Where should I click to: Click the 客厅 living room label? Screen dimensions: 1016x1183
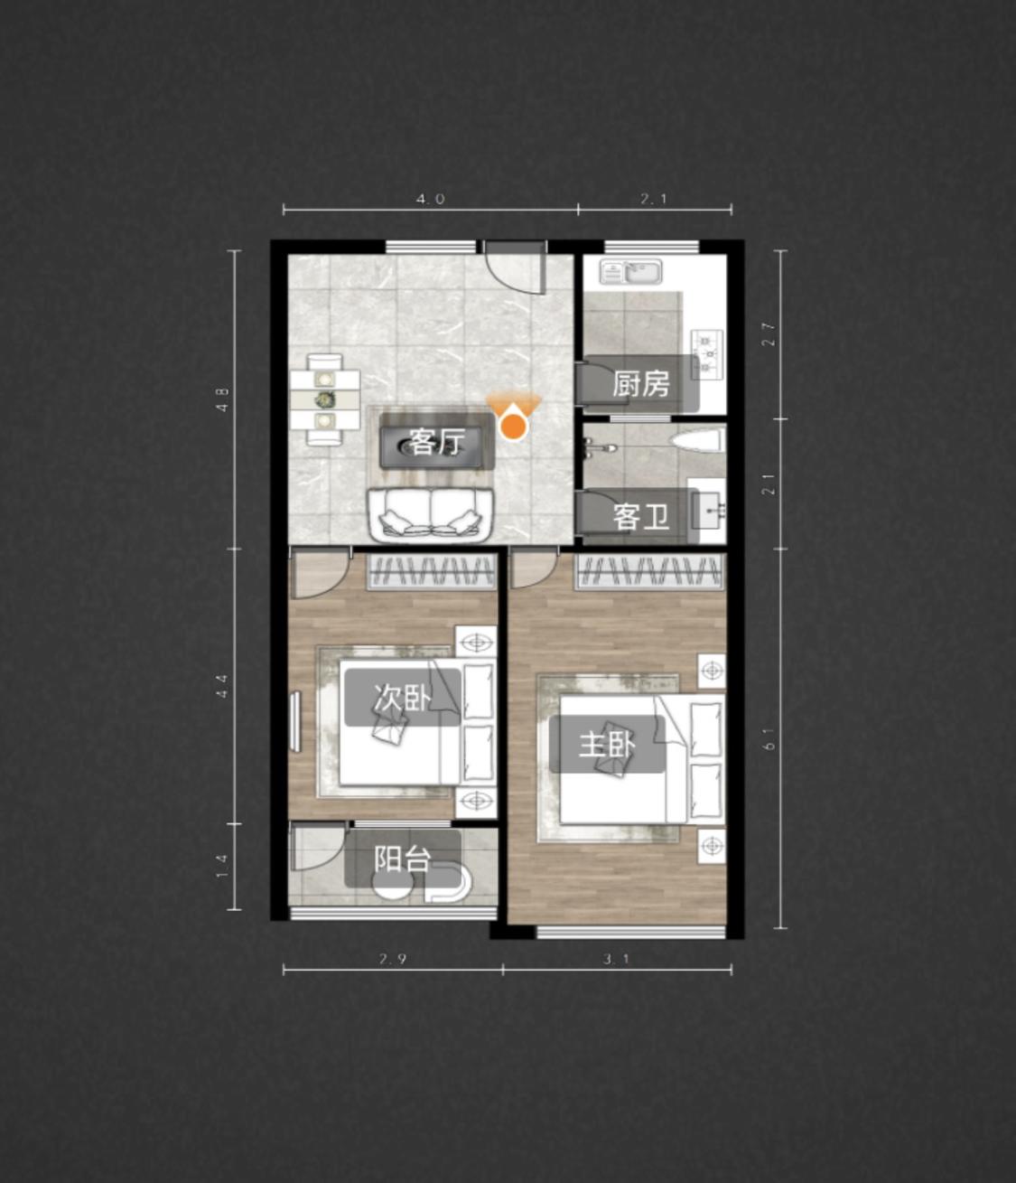(x=438, y=443)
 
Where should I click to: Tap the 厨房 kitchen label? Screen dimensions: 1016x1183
(x=640, y=383)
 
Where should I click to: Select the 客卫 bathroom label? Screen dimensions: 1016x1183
(x=640, y=517)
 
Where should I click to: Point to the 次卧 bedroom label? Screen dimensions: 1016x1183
(x=402, y=697)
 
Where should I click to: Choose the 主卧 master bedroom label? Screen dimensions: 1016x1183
(x=607, y=744)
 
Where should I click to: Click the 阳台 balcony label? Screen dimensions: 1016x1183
(x=402, y=859)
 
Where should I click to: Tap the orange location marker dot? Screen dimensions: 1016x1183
(x=514, y=427)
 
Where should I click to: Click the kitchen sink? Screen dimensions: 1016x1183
(x=631, y=271)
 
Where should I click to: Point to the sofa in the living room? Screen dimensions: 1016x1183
(x=430, y=515)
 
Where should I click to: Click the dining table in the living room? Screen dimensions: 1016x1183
(x=325, y=399)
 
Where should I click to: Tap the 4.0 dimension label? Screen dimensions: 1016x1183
(x=430, y=199)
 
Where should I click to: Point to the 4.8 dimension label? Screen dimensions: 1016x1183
(x=222, y=399)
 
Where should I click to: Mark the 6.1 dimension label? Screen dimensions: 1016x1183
(x=770, y=738)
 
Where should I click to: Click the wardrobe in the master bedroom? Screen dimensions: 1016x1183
(x=650, y=571)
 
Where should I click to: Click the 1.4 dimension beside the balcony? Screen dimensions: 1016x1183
(x=222, y=867)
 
